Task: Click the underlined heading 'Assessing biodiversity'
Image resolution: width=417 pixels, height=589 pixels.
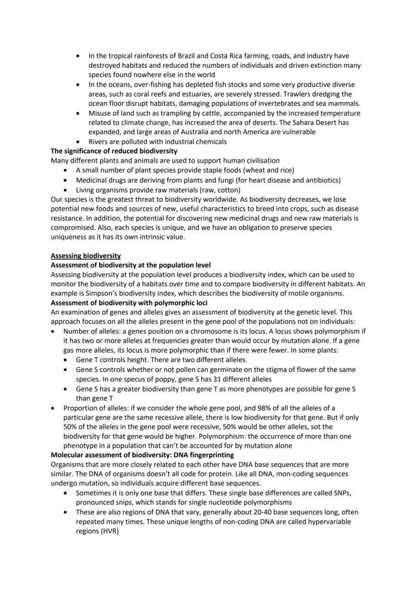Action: pos(85,256)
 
